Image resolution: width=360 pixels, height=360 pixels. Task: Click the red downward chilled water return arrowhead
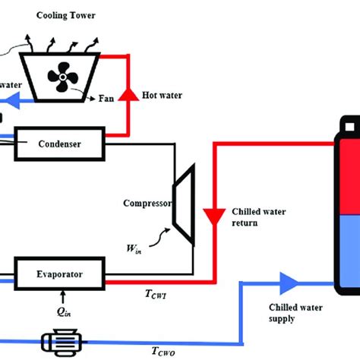[x=214, y=213]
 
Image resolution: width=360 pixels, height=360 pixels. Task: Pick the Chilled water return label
[x=257, y=216]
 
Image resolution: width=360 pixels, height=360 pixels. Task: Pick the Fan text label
[x=109, y=98]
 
